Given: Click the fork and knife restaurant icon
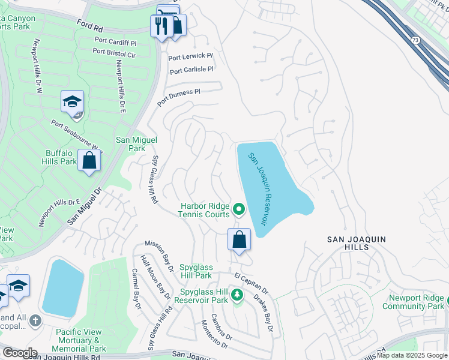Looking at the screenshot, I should coord(161,26).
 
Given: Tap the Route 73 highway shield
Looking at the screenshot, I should coord(415,40).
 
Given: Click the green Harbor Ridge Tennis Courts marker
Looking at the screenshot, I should coord(239,209).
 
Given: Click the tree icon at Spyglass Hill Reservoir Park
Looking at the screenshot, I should coord(237,295).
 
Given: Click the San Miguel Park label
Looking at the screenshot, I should coord(136,144).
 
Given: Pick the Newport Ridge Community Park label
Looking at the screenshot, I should coord(416,302).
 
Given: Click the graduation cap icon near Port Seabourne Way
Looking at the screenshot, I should coord(72,101).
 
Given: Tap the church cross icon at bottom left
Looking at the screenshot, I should coord(35,321).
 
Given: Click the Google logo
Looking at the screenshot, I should coord(19,353).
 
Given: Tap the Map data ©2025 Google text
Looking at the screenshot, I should coord(411,355).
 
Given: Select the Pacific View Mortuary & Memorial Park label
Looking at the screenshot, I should coord(80,340).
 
